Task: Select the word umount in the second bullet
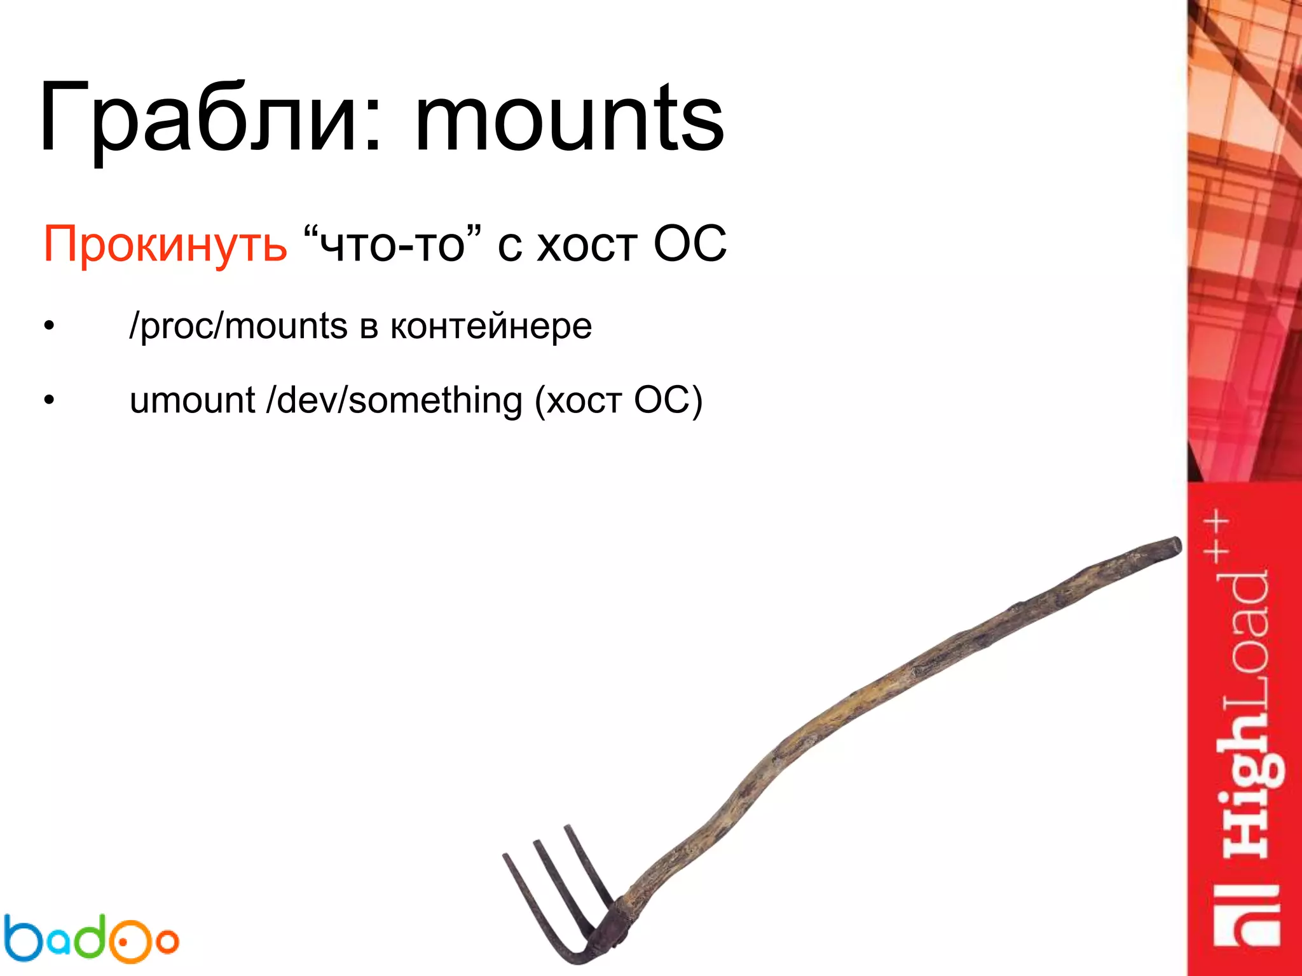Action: (192, 401)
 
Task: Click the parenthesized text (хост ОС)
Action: (618, 401)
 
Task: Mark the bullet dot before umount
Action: (50, 401)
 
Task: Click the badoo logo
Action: (90, 939)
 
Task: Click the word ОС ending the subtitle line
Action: (690, 243)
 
